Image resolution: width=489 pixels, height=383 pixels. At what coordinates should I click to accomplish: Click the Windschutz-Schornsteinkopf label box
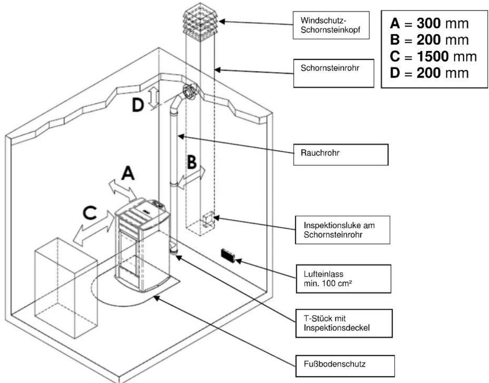pos(331,25)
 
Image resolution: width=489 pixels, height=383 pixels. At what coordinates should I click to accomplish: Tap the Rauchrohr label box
pos(340,154)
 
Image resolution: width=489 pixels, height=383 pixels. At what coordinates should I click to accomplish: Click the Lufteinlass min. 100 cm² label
pos(343,278)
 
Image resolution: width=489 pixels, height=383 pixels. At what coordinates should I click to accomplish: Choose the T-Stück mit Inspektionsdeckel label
pos(344,323)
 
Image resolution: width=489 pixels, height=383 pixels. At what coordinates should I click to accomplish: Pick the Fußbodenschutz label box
pos(345,365)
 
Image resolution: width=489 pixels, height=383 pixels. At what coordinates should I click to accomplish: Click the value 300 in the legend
pos(428,23)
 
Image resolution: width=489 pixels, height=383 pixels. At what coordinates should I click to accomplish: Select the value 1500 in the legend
pos(433,57)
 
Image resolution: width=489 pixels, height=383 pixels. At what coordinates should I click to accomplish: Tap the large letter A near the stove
pos(128,173)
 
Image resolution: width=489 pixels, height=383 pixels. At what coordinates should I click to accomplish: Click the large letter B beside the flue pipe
pos(191,162)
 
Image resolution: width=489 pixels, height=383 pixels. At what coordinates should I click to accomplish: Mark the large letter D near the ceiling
pos(138,105)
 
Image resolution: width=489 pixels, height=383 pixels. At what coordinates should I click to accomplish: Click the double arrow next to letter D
pos(155,97)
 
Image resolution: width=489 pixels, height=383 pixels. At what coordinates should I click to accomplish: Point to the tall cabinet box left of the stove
pos(66,287)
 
